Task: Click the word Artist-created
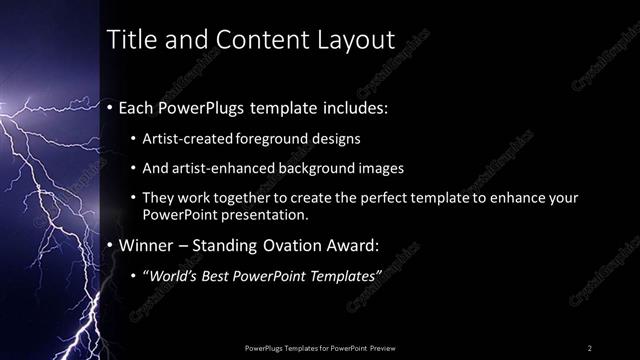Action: click(187, 138)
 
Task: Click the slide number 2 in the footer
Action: click(590, 347)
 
